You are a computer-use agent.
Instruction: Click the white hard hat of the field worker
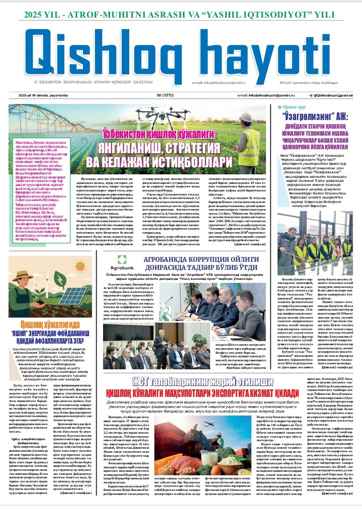click(245, 117)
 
